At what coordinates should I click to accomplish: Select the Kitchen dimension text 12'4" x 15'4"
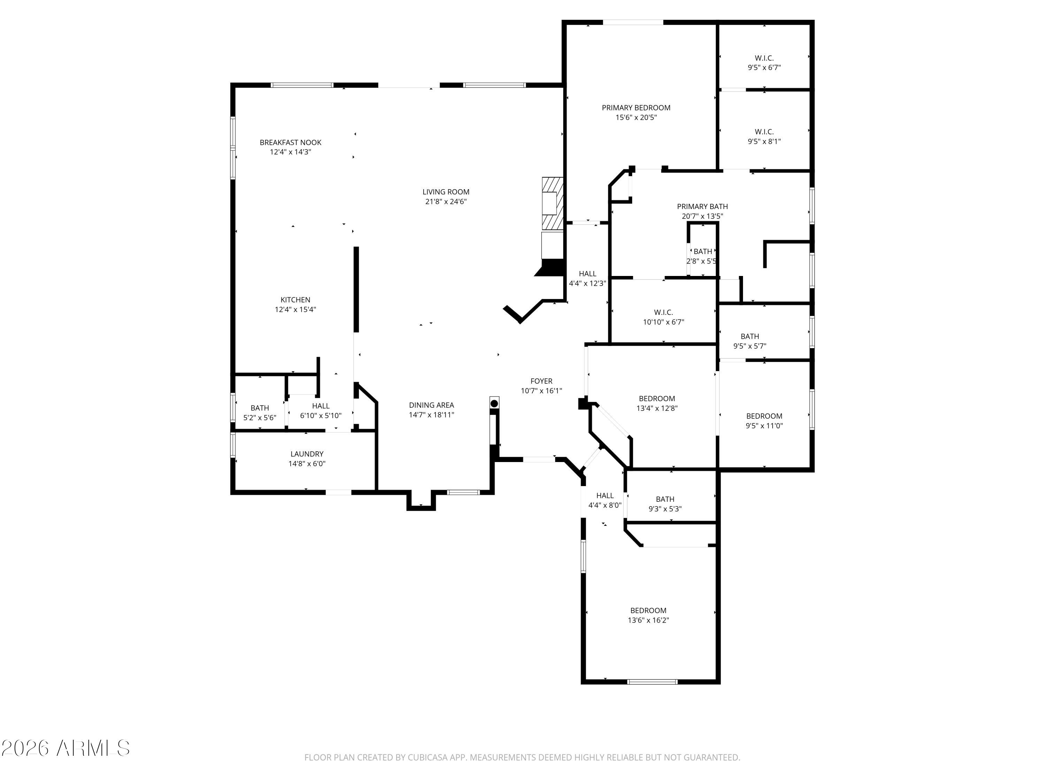295,309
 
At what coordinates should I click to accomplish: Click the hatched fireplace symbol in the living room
552,203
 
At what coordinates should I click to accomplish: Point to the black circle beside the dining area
494,403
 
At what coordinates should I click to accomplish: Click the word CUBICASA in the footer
424,758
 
